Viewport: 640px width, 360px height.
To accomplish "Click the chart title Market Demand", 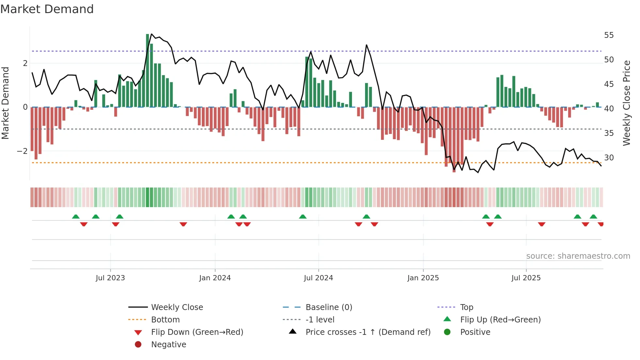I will (x=47, y=9).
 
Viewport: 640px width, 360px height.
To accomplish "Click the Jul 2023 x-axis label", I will (x=110, y=278).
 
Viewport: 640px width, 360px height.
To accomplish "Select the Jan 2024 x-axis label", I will (x=215, y=278).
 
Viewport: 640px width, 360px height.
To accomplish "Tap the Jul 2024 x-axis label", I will (x=318, y=278).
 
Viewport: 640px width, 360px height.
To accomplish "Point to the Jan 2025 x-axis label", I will (x=423, y=278).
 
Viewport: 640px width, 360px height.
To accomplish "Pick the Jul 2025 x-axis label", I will (x=526, y=278).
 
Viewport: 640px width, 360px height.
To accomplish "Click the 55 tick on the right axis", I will (x=609, y=35).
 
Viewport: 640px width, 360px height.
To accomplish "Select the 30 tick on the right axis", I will (x=609, y=158).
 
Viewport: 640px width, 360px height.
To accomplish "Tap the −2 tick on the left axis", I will (x=22, y=151).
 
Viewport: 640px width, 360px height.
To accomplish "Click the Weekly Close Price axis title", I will (x=627, y=103).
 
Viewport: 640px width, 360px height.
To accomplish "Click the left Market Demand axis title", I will (x=5, y=103).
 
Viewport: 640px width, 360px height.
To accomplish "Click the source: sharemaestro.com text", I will (x=578, y=256).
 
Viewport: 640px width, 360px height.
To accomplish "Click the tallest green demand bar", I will (x=148, y=70).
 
